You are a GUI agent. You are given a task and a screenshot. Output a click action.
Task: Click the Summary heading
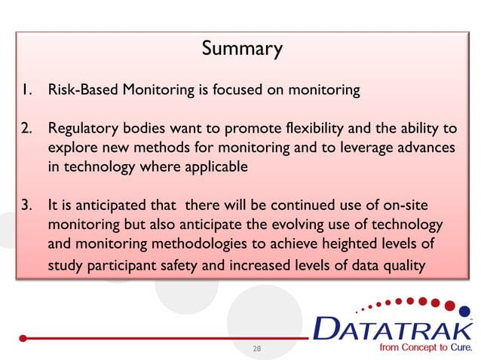pyautogui.click(x=242, y=50)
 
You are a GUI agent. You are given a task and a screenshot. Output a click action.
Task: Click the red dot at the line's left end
pyautogui.click(x=23, y=338)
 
